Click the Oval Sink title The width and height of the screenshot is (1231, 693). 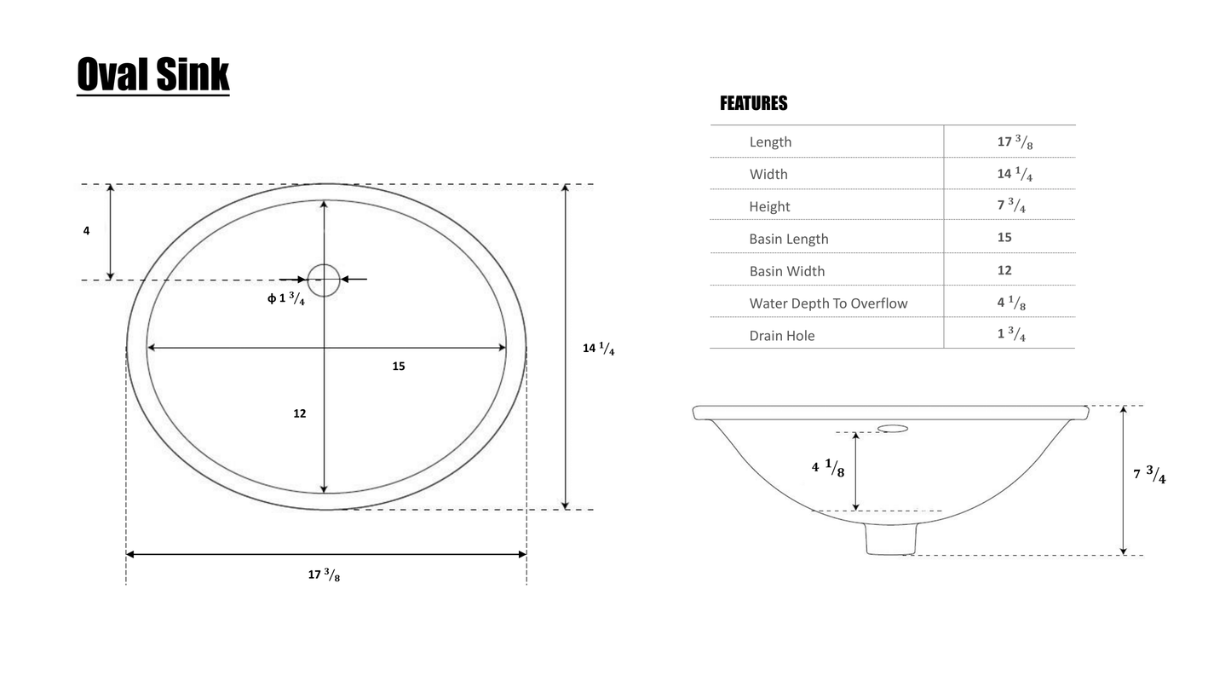tap(153, 75)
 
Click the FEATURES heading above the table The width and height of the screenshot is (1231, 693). tap(753, 104)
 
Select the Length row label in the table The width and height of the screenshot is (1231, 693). tap(770, 142)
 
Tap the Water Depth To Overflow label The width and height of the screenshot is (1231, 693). tap(828, 303)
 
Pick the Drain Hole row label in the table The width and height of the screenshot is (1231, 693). tap(781, 336)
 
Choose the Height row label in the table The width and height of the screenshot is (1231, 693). tap(769, 207)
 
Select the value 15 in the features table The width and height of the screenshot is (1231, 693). tap(1004, 238)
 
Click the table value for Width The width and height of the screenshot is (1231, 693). tap(1014, 175)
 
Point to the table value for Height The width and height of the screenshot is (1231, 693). tap(1011, 206)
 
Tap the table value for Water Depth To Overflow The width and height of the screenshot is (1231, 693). tap(1011, 303)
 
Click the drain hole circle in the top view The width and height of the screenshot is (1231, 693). tap(324, 280)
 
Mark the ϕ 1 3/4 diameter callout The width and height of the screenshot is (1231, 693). tap(286, 298)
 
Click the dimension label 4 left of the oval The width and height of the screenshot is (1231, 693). tap(86, 231)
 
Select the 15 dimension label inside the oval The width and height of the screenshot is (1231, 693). tap(399, 367)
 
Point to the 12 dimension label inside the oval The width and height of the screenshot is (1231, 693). tap(299, 413)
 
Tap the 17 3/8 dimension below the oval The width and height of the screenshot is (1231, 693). tap(324, 575)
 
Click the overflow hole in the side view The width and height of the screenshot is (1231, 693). tap(893, 429)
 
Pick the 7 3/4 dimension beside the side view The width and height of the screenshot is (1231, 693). tap(1149, 475)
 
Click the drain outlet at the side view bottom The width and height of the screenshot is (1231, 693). tap(891, 539)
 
